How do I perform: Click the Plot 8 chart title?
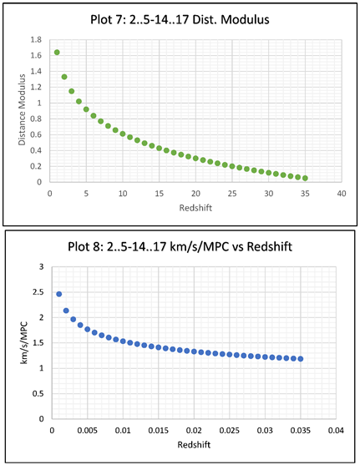point(180,247)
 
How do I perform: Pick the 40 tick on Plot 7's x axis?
point(341,193)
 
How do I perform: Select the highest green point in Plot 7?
point(57,52)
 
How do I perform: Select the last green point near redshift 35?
point(305,178)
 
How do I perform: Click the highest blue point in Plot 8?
point(58,294)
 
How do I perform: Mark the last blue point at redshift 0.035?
point(301,359)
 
